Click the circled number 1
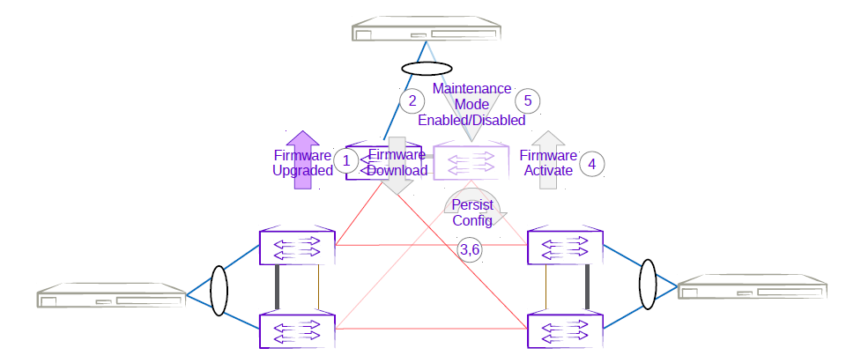point(346,161)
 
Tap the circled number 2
point(411,100)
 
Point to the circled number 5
point(527,99)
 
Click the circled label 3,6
point(470,250)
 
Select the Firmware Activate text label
point(548,163)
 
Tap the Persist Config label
point(471,213)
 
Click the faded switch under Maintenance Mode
point(471,163)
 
